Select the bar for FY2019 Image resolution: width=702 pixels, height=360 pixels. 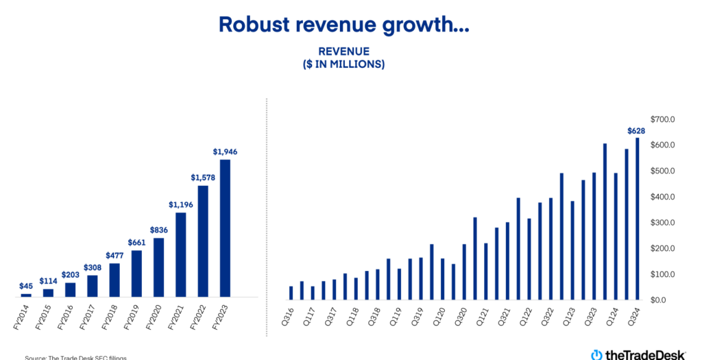coord(136,274)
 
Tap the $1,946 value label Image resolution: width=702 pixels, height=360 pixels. coord(225,152)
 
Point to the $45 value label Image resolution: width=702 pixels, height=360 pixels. coord(26,286)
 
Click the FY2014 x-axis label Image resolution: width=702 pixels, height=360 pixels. coord(23,317)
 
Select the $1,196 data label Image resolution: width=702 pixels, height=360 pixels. coord(180,204)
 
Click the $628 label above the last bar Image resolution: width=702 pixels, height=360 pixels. coord(637,131)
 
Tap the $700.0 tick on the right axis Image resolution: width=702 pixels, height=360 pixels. coord(663,119)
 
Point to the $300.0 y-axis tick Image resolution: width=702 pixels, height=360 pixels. coord(663,223)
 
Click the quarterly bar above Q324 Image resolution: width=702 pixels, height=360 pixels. coord(638,219)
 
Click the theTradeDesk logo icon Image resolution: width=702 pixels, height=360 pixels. coord(596,354)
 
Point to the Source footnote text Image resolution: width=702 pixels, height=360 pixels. coord(75,357)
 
